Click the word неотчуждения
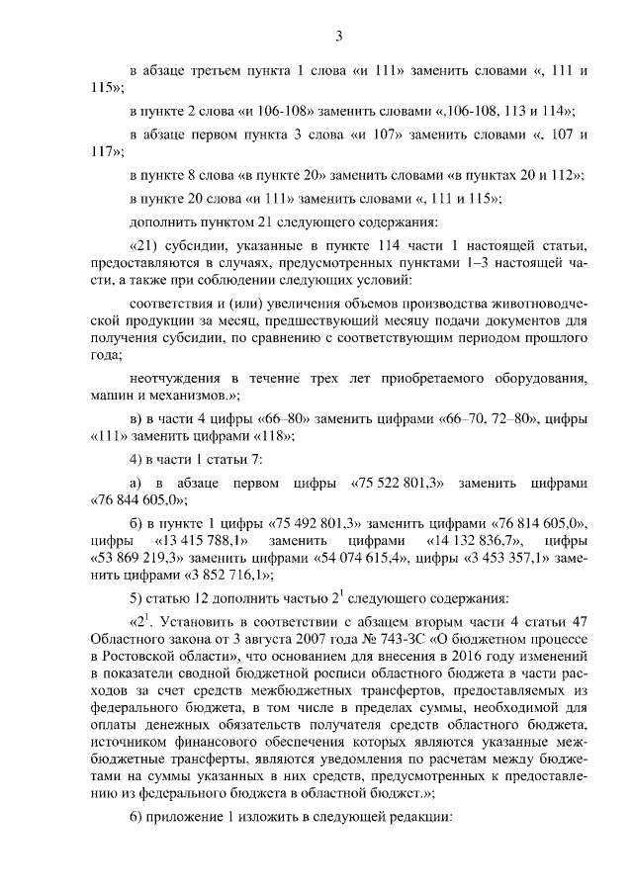(x=173, y=379)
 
